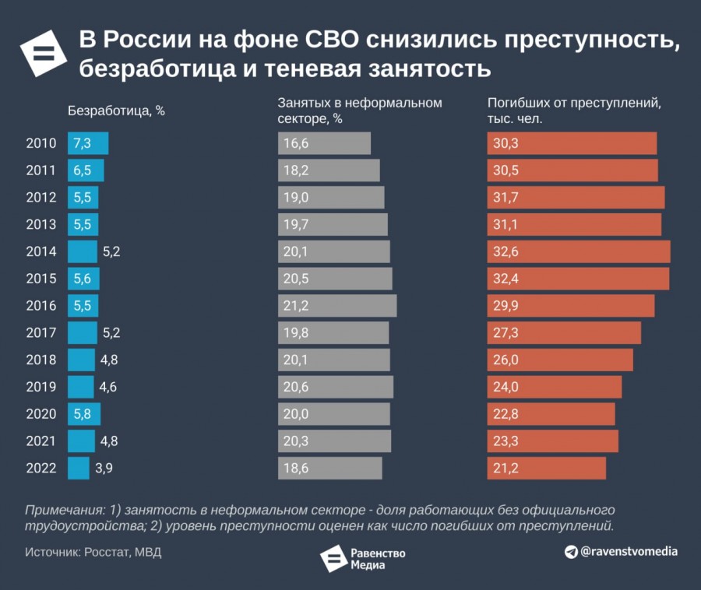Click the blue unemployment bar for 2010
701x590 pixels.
[x=88, y=143]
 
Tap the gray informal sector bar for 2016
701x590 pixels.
[x=337, y=306]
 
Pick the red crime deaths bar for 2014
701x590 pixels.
[x=579, y=251]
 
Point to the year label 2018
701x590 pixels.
[x=41, y=360]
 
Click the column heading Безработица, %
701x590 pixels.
[x=117, y=110]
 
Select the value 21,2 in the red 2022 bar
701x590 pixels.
[x=505, y=469]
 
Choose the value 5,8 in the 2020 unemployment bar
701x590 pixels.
[x=82, y=414]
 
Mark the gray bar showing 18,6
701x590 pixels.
[x=330, y=469]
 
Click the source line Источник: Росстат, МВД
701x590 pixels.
[x=93, y=553]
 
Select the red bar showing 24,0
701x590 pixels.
[x=555, y=387]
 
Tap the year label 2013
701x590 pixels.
[x=41, y=224]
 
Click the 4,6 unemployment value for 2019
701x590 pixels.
[x=107, y=387]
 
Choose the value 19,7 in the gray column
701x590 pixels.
[x=296, y=224]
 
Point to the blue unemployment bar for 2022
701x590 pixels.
[x=79, y=469]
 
